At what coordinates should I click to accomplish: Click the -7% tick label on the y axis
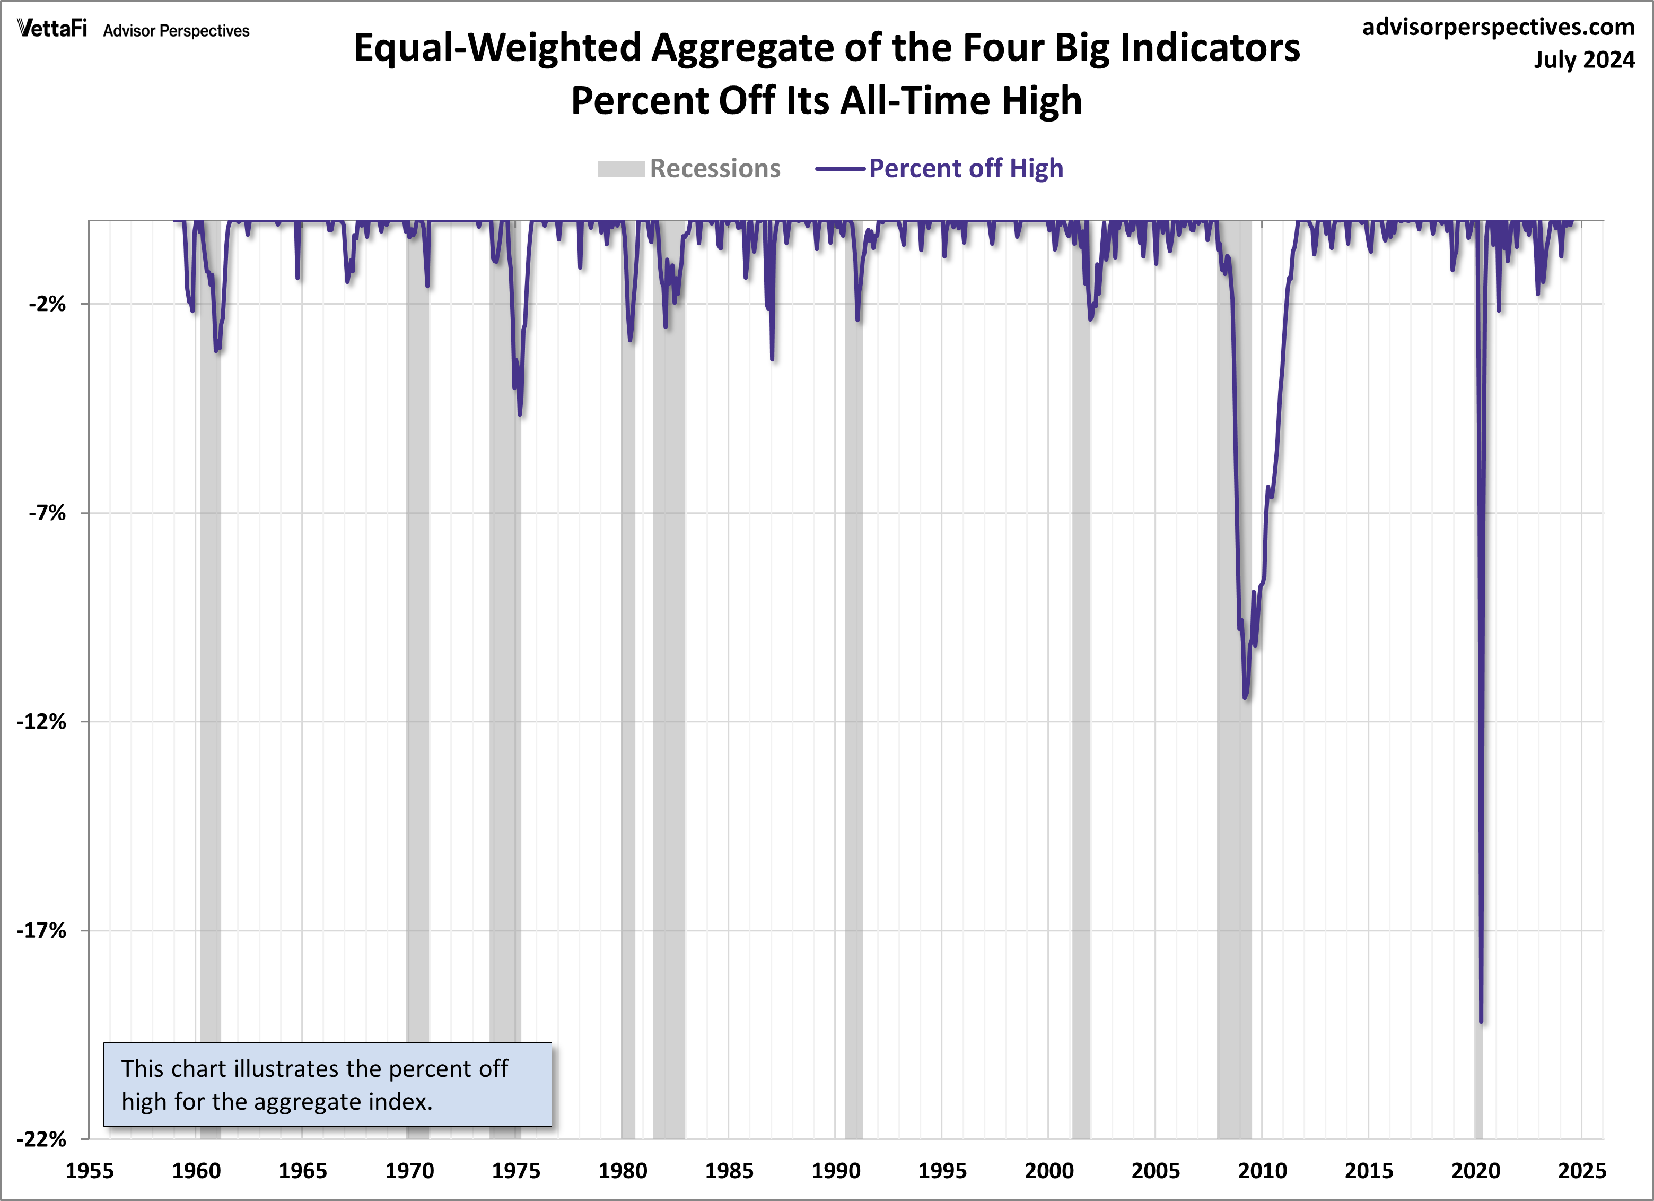(47, 513)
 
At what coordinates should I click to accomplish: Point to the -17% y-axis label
(41, 930)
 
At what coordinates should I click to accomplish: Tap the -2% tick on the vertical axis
(47, 304)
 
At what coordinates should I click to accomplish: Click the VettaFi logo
(52, 29)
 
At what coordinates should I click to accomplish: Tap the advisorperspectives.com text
(1498, 27)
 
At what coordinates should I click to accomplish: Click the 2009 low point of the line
(1245, 697)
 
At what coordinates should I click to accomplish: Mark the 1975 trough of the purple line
(519, 414)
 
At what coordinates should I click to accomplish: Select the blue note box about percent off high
(327, 1084)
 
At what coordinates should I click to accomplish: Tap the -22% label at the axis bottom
(41, 1139)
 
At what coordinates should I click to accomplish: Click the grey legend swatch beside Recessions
(620, 169)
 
